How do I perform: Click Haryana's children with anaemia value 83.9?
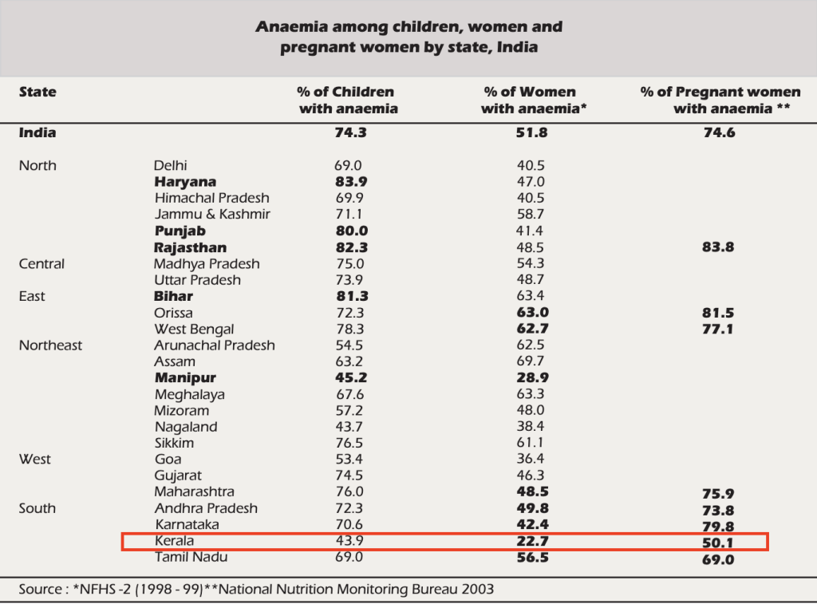click(x=350, y=182)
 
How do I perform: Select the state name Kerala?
click(x=174, y=541)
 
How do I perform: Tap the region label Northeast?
click(x=50, y=345)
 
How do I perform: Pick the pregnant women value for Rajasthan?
click(x=719, y=247)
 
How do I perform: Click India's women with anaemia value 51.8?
click(x=532, y=133)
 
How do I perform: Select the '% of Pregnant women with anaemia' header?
click(x=720, y=101)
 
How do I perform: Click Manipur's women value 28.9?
click(x=532, y=378)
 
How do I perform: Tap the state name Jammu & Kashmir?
click(x=212, y=215)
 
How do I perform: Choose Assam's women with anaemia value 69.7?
click(x=531, y=361)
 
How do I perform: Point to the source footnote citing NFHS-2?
click(x=256, y=590)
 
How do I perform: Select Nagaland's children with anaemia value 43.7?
click(x=349, y=427)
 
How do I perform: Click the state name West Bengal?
click(x=194, y=329)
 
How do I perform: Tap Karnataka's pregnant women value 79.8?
click(x=719, y=527)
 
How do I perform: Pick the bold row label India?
click(x=37, y=133)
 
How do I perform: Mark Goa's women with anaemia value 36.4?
click(x=531, y=460)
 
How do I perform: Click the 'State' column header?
click(x=37, y=93)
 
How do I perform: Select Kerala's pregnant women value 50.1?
click(x=719, y=543)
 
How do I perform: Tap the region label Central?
click(x=41, y=264)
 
